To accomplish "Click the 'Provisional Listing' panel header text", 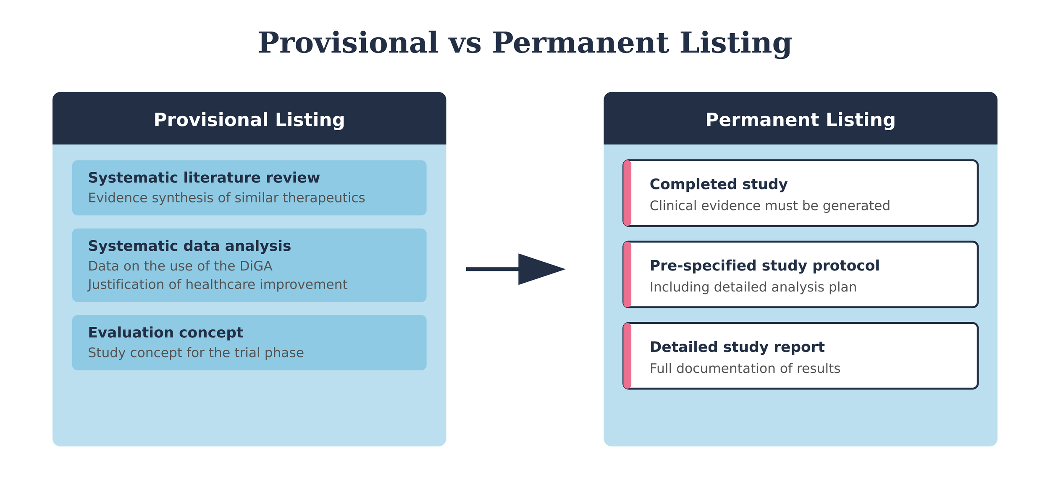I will [249, 120].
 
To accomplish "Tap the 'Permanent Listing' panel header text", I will [800, 120].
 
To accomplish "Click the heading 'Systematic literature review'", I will [204, 178].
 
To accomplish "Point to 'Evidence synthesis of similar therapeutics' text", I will [226, 198].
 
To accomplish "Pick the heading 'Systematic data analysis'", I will [189, 246].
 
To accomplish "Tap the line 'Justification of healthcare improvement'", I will [218, 285].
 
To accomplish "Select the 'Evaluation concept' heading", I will [165, 333].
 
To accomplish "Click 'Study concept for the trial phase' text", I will [196, 353].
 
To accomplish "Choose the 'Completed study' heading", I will [718, 184].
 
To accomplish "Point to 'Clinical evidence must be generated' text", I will [769, 206].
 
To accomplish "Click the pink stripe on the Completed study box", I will [627, 193].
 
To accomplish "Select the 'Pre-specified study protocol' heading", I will [764, 266].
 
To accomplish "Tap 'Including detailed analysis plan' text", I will [753, 287].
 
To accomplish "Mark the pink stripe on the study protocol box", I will [627, 275].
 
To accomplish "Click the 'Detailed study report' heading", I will [737, 347].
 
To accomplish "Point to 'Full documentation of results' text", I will [745, 369].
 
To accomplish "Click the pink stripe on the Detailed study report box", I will [627, 356].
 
